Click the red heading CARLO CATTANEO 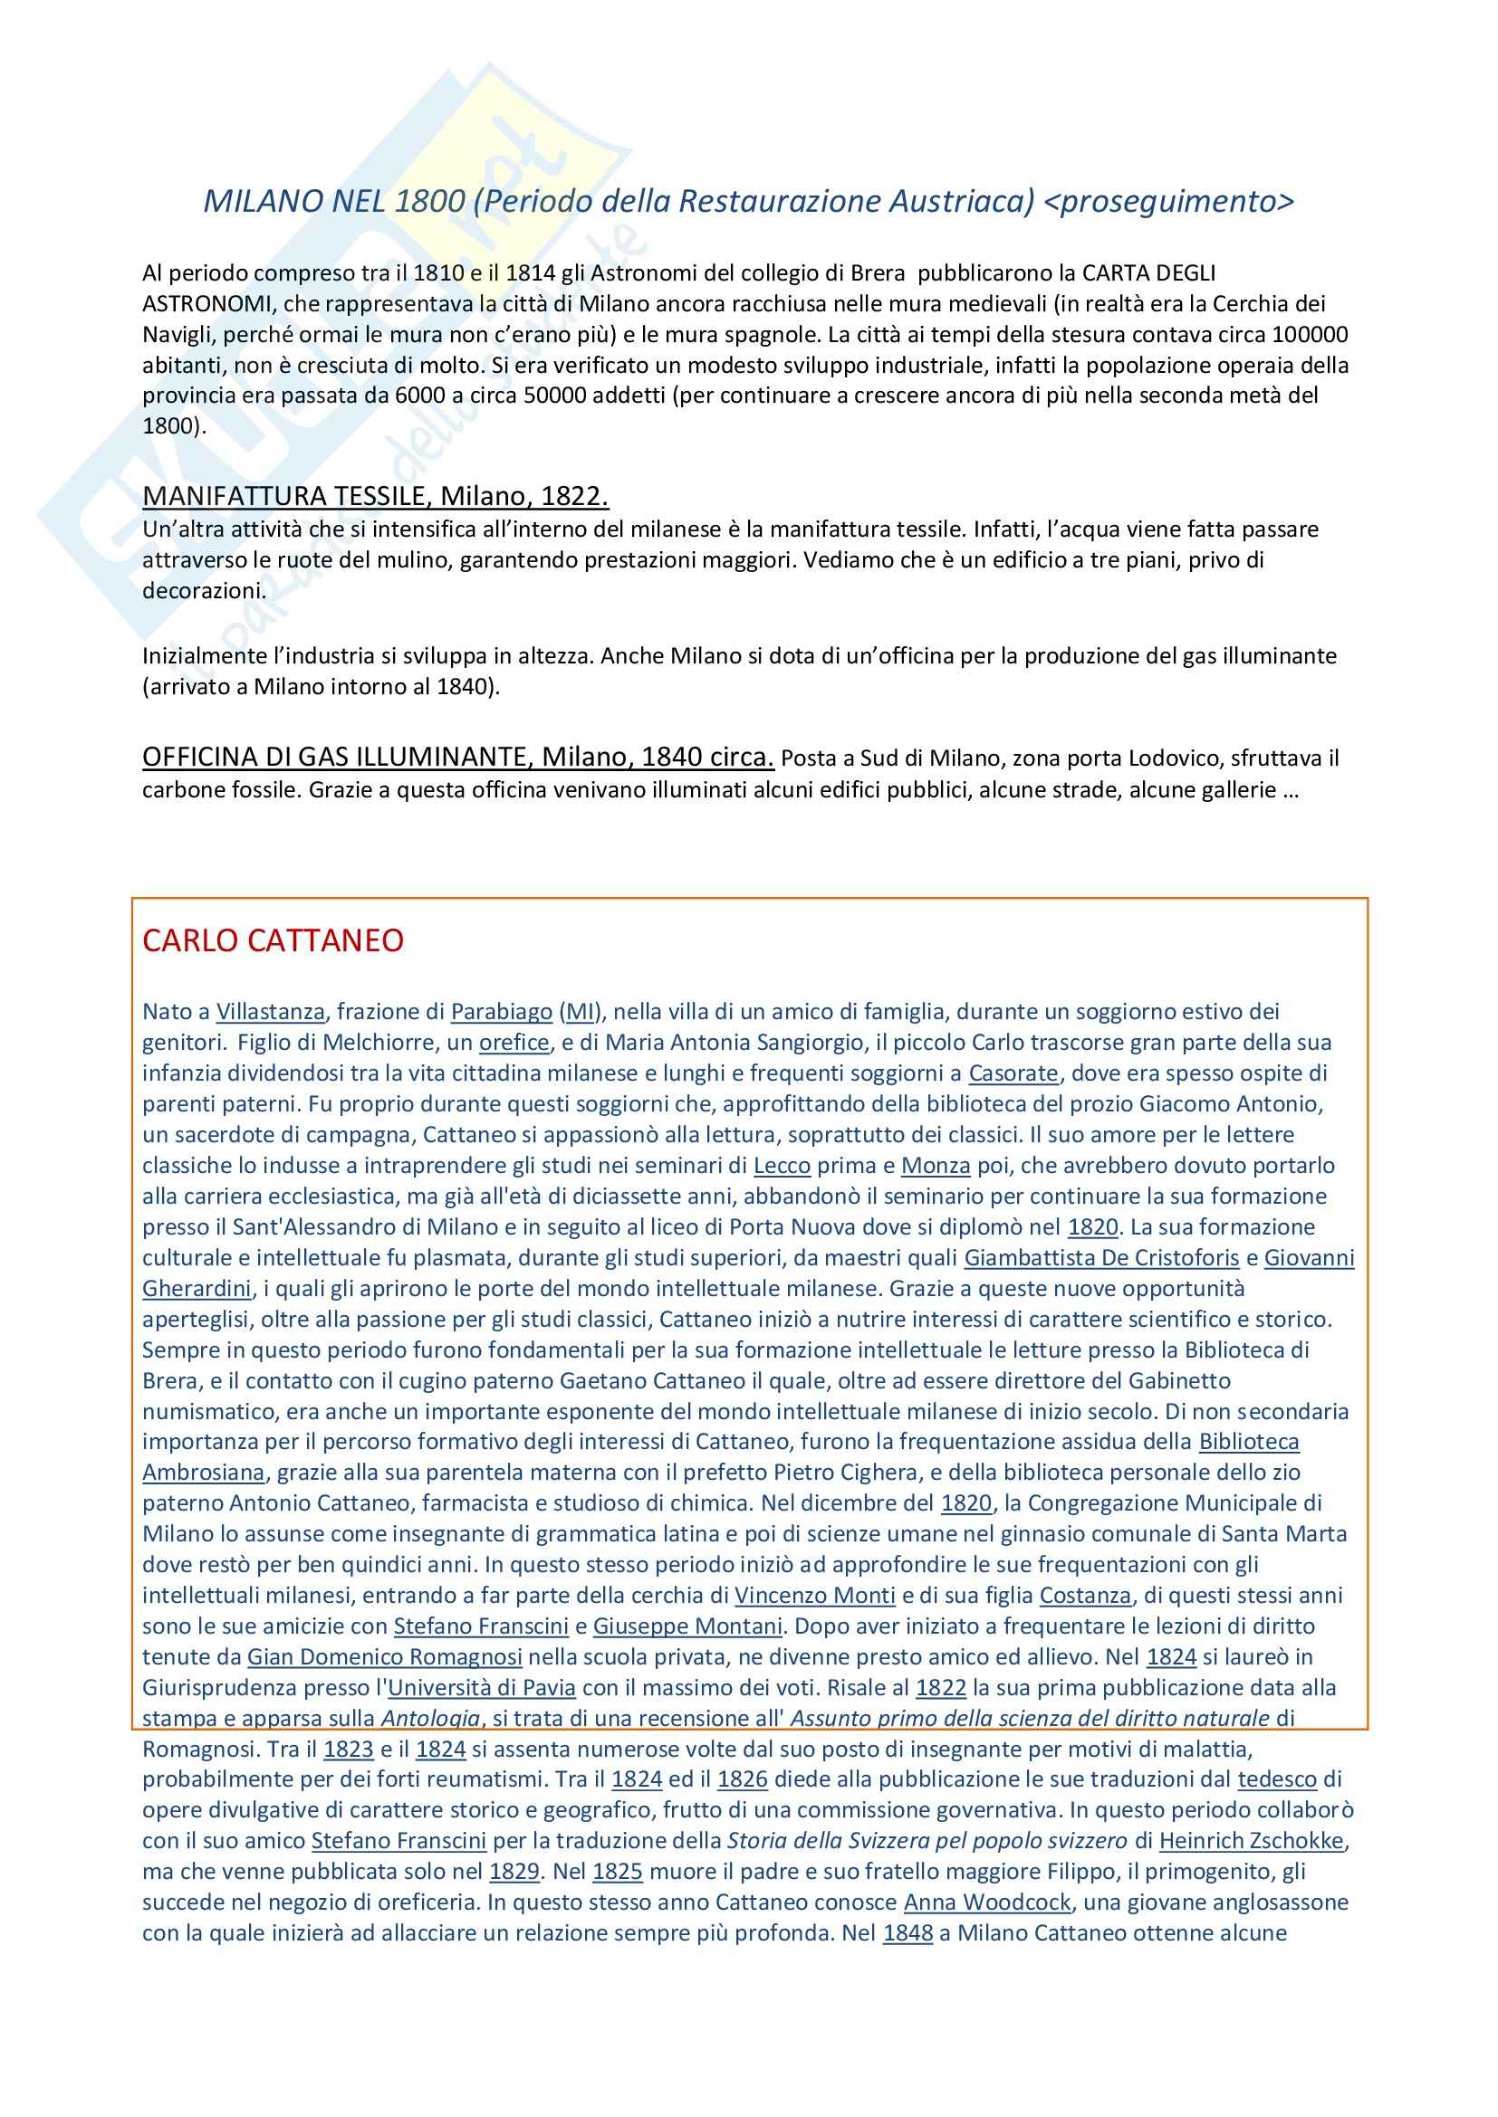[273, 940]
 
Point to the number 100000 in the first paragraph [1310, 334]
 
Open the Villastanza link [270, 1012]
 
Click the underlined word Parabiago [501, 1012]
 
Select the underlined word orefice [514, 1043]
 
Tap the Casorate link [1013, 1073]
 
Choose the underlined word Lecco [782, 1166]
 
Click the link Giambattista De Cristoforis [1101, 1258]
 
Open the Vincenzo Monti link [814, 1596]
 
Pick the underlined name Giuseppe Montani [687, 1626]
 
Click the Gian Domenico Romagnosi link [385, 1657]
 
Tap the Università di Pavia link [482, 1688]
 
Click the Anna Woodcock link [987, 1903]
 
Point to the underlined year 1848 [907, 1933]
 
